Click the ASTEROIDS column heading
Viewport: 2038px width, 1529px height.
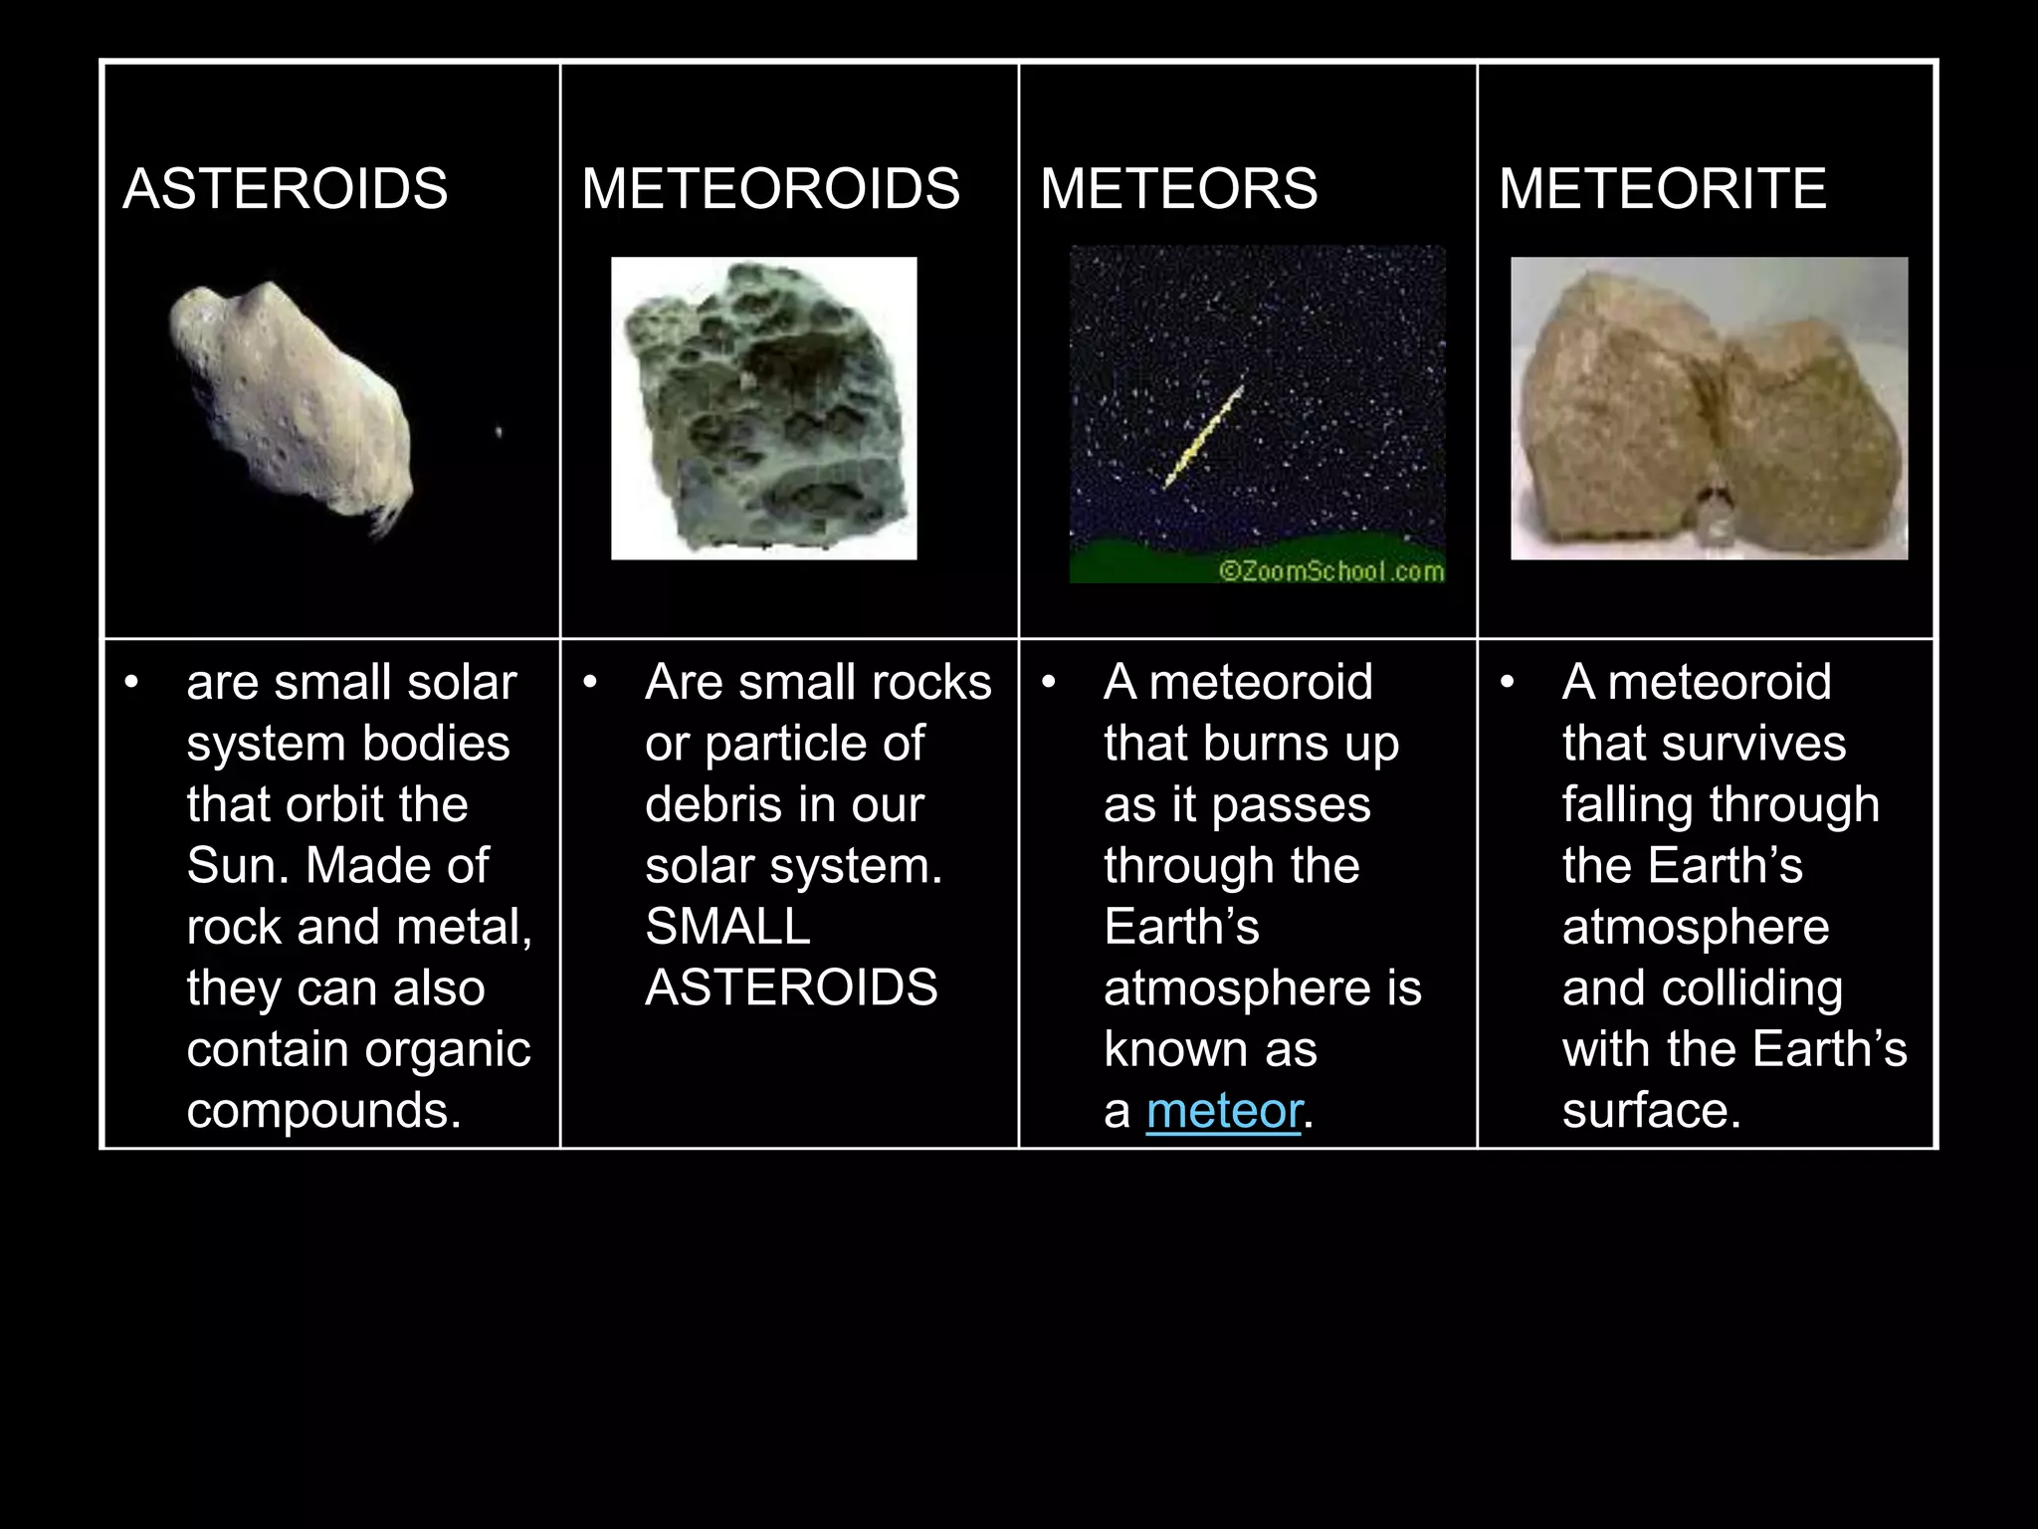pyautogui.click(x=285, y=189)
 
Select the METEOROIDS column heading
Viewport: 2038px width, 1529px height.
pyautogui.click(x=770, y=189)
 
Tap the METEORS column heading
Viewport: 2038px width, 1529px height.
pyautogui.click(x=1178, y=189)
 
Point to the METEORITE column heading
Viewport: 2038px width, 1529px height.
pyautogui.click(x=1662, y=189)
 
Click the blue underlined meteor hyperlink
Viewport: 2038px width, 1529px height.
pyautogui.click(x=1223, y=1111)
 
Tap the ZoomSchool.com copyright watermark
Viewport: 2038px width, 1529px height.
pyautogui.click(x=1330, y=570)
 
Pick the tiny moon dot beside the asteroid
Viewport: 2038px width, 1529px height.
pyautogui.click(x=499, y=432)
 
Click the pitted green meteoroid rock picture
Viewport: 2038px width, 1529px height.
pyautogui.click(x=763, y=408)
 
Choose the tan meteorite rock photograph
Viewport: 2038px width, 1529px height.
pyautogui.click(x=1708, y=408)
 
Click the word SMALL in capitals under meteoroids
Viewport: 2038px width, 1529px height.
pyautogui.click(x=727, y=927)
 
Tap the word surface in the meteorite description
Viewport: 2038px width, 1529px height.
pyautogui.click(x=1651, y=1111)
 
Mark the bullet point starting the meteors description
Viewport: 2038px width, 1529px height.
pyautogui.click(x=1048, y=683)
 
